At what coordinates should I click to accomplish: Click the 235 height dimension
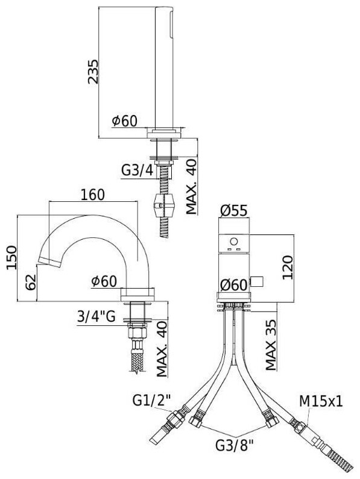pos(93,72)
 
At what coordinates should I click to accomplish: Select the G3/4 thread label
pos(137,171)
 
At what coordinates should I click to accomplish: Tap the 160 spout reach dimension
pos(93,195)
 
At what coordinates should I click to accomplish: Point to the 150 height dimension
pos(12,257)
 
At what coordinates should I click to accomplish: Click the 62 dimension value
pos(31,282)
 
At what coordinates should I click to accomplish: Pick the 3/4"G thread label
pos(96,316)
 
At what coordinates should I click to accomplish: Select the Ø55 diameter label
pos(234,210)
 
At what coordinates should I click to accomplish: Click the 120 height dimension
pos(288,268)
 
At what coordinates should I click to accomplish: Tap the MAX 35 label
pos(271,345)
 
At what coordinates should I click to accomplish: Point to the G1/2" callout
pos(151,399)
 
